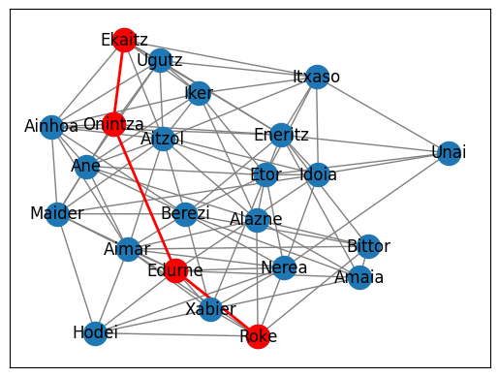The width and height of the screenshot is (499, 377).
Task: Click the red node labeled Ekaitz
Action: point(124,39)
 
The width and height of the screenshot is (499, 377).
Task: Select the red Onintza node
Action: point(113,124)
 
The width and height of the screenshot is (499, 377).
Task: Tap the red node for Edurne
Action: point(175,270)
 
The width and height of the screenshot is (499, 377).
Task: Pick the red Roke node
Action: point(258,336)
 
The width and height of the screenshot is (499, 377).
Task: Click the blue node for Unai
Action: point(449,153)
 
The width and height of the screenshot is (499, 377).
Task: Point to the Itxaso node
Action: point(317,77)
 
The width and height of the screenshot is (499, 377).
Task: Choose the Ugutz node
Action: point(161,60)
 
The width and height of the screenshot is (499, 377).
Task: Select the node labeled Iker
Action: point(200,93)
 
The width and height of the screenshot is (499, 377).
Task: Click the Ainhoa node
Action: point(57,126)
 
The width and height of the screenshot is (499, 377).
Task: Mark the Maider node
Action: point(57,213)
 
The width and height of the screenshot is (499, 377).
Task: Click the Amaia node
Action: point(359,277)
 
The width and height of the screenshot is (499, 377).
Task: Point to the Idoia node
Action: point(319,175)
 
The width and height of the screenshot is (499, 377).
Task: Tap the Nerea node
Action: point(284,267)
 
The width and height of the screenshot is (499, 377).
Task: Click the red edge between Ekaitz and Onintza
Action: point(119,81)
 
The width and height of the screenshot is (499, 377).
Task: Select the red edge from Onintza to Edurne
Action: point(144,197)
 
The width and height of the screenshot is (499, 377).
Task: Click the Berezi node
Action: point(185,213)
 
